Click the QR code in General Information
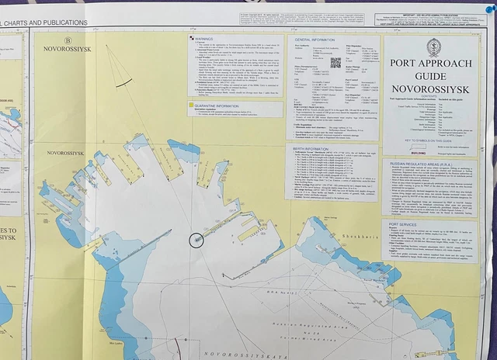tap(335, 62)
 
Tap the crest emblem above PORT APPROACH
tap(435, 48)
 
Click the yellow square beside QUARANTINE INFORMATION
tap(191, 103)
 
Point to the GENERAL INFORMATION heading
tap(315, 38)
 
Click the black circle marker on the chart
tap(195, 240)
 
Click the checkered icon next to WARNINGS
tap(191, 36)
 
